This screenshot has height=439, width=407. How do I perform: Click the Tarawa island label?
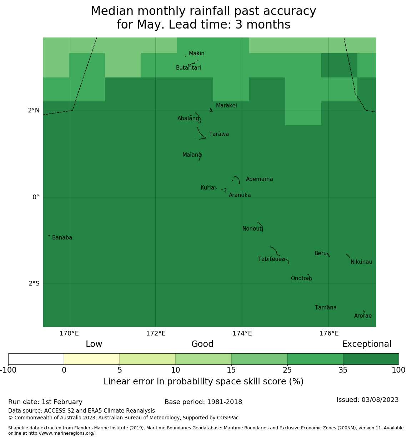click(x=219, y=135)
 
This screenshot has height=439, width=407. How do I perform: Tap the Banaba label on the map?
click(x=62, y=238)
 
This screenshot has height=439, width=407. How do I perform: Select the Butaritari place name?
click(x=189, y=68)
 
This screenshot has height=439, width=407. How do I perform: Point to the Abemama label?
click(x=259, y=179)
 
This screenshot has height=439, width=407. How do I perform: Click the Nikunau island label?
click(x=361, y=262)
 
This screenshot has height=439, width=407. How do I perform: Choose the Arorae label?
click(x=363, y=316)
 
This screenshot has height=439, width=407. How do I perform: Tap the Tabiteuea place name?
click(x=271, y=259)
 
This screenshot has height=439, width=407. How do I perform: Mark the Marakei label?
click(x=226, y=106)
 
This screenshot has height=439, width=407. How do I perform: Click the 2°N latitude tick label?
click(x=34, y=111)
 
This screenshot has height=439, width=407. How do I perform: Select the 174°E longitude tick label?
click(x=242, y=334)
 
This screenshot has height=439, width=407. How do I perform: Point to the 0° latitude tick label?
click(x=36, y=197)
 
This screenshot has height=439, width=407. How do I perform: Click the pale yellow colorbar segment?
click(x=92, y=359)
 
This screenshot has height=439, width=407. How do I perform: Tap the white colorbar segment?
click(x=36, y=359)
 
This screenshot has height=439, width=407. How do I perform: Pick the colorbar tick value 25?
click(x=287, y=370)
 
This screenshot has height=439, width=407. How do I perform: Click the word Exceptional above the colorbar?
click(x=367, y=344)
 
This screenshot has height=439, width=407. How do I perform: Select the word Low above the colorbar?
click(x=94, y=344)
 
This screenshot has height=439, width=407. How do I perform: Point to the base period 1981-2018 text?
click(x=203, y=402)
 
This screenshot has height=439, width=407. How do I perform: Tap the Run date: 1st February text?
click(x=45, y=402)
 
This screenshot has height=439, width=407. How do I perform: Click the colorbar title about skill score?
click(x=203, y=382)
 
